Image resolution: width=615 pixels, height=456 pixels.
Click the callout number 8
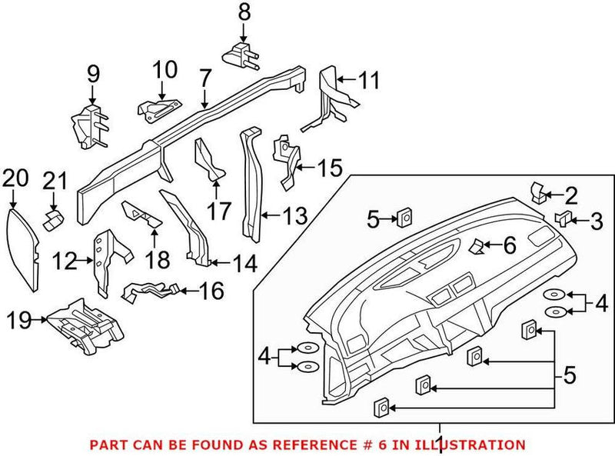244,12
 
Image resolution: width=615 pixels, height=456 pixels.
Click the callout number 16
212,291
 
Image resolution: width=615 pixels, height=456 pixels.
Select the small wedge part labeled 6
477,246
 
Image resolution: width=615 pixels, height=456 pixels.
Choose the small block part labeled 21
53,221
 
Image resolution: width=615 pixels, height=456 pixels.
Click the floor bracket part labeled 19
83,322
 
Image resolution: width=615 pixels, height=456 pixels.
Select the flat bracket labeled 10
159,108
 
